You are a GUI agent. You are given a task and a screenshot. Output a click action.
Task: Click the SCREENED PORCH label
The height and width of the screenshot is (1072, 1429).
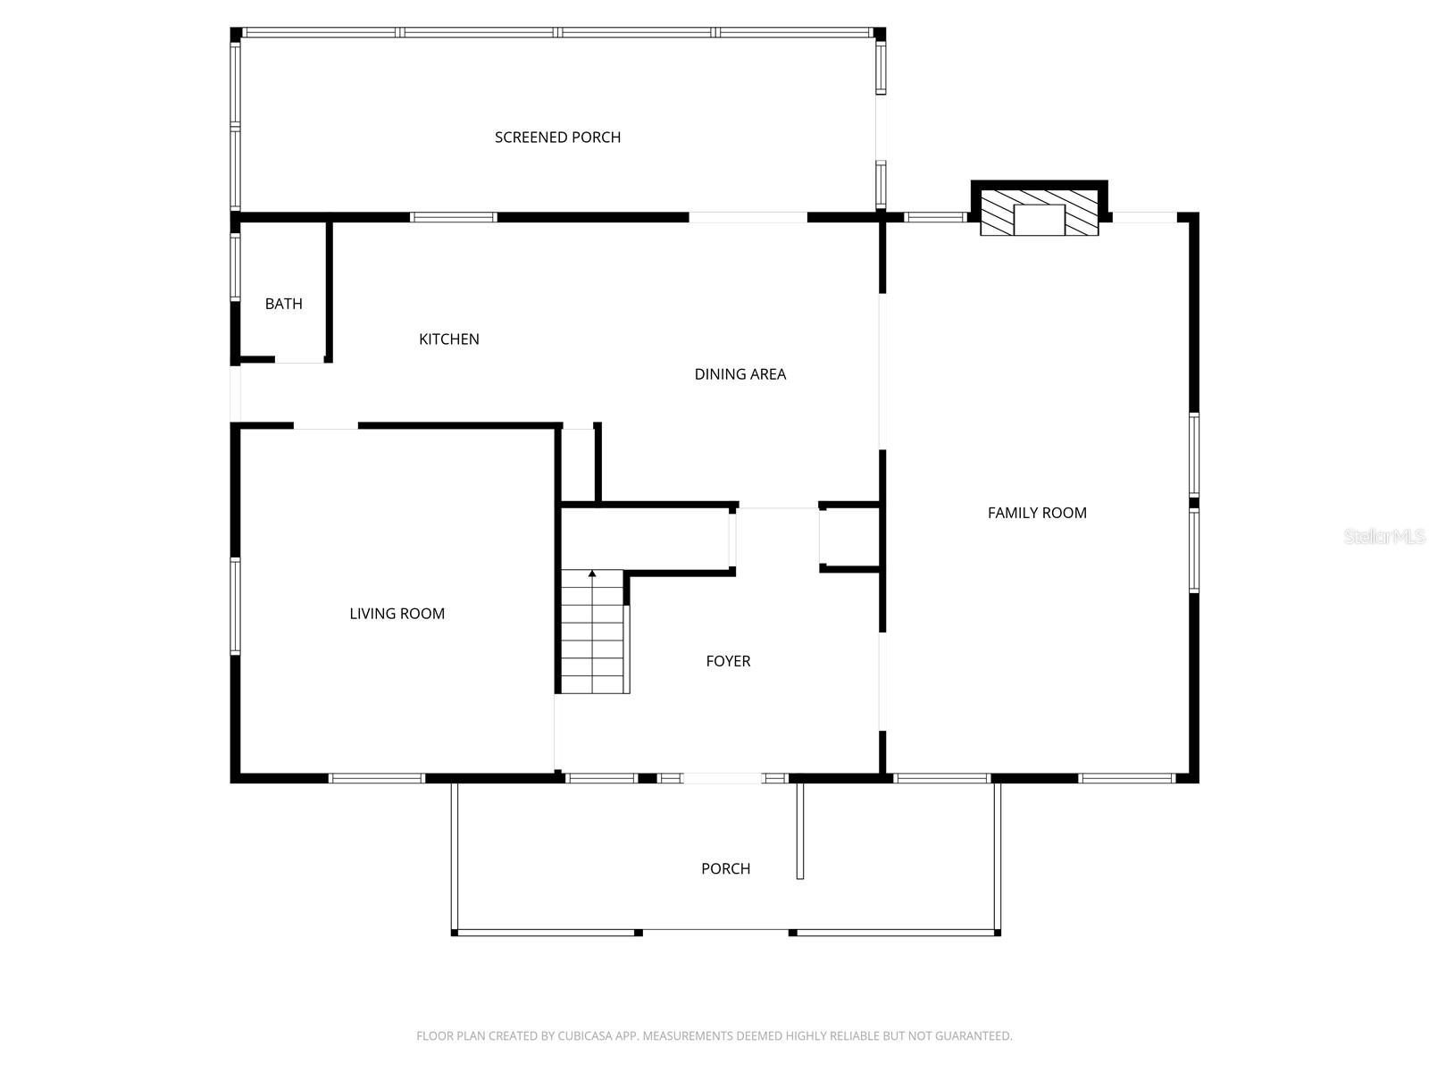557,137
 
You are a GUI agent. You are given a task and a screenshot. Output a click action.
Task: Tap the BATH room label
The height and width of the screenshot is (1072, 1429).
283,304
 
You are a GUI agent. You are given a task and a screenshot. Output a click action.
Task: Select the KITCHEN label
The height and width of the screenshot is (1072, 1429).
449,339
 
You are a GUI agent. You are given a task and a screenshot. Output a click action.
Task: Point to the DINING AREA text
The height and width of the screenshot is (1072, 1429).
740,374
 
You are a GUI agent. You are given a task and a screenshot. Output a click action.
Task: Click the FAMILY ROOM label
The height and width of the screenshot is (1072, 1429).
1037,513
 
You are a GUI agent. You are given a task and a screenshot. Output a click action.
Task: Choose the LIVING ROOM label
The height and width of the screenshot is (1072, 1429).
397,614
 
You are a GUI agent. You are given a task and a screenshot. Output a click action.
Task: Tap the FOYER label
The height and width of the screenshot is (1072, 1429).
728,661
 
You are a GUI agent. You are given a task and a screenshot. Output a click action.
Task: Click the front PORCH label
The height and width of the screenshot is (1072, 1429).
725,868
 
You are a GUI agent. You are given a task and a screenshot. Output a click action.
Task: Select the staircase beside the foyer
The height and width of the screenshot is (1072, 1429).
592,634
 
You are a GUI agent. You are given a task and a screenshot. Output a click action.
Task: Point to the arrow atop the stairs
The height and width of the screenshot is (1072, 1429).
592,574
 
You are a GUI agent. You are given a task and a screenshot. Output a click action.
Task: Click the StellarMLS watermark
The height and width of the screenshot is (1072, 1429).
1383,536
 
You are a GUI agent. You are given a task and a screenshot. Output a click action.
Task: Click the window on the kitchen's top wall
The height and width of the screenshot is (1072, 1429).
453,217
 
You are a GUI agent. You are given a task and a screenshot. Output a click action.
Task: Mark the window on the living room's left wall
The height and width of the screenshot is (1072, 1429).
236,606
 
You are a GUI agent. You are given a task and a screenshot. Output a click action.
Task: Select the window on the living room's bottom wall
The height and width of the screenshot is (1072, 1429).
376,778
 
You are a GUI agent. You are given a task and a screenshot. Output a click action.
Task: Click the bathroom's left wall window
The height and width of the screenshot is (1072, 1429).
236,265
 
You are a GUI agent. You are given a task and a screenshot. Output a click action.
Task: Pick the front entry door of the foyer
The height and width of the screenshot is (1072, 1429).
722,778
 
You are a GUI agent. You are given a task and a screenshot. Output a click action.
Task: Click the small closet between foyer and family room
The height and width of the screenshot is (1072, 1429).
851,537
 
